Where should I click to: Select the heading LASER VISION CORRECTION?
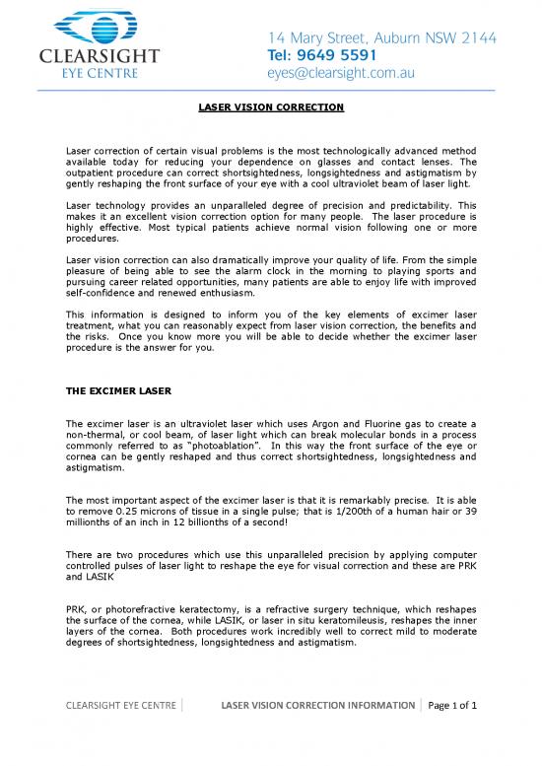(270, 105)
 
